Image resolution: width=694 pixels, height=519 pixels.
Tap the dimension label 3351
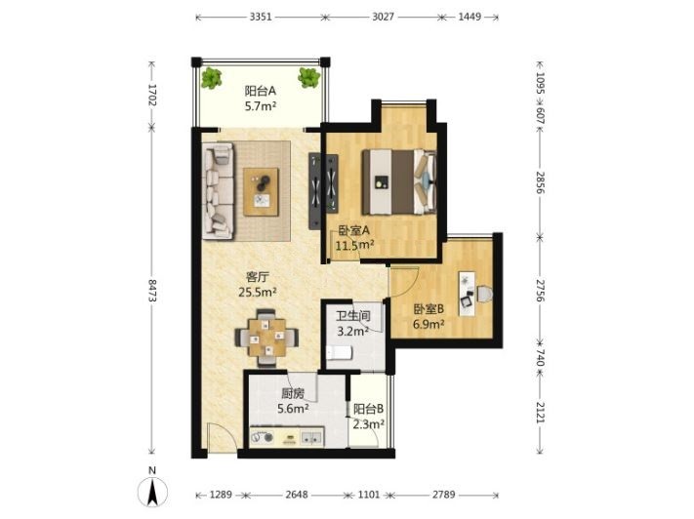261,18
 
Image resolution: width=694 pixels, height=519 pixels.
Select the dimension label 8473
152,291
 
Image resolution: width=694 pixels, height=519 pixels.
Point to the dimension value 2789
443,495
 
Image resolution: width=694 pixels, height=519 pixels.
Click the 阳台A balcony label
261,91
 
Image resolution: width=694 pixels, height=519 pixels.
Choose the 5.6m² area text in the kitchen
293,408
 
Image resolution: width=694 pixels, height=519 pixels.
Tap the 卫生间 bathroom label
352,316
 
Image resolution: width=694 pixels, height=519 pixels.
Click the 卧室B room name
429,309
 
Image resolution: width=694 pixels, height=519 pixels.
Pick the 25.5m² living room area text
258,292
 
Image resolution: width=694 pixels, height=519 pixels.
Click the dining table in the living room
266,338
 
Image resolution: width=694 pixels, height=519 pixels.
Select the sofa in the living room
219,190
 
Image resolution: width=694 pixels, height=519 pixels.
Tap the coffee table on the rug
262,191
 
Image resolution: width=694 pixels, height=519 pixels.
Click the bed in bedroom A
399,181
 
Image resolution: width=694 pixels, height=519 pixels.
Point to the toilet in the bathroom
339,352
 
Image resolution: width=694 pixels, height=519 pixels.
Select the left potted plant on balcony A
212,78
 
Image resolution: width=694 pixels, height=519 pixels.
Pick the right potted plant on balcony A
309,77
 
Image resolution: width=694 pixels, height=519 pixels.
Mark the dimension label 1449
469,18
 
